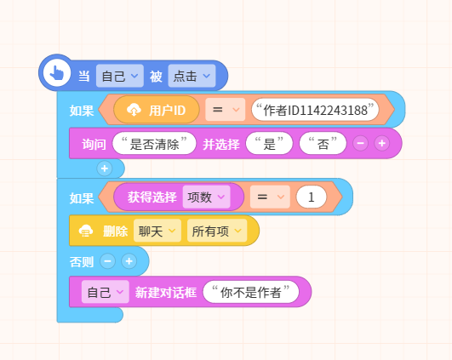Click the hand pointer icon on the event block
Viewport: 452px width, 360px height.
coord(57,72)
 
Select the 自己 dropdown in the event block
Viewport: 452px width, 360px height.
coord(120,76)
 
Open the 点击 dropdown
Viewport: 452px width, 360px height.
coord(192,76)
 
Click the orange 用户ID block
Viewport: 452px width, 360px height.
coord(157,110)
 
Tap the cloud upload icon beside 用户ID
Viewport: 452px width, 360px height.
coord(134,110)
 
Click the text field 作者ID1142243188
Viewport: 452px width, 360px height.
coord(315,110)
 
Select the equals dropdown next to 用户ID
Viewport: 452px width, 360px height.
coord(225,110)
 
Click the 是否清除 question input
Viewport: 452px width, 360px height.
coord(154,144)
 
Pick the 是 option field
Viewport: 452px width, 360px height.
coord(269,144)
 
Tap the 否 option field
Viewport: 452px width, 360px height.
coord(323,144)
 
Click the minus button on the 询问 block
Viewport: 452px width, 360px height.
coord(360,143)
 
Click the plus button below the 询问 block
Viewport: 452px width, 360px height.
coord(105,169)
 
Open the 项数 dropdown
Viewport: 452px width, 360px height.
coord(206,197)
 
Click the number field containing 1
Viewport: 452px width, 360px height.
coord(312,197)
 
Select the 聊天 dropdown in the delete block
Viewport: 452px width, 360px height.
coord(157,231)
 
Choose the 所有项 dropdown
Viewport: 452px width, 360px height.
coord(217,231)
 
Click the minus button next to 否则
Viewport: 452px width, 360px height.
coord(107,261)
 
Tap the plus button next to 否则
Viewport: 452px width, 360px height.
coord(129,261)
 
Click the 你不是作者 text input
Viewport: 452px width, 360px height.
coord(251,292)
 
